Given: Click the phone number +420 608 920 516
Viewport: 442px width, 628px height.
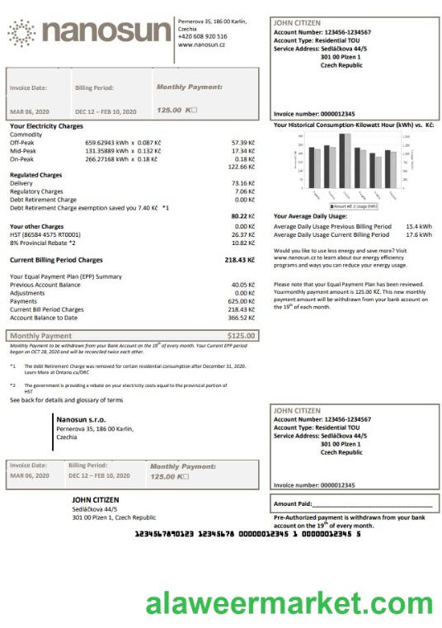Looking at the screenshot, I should [x=203, y=37].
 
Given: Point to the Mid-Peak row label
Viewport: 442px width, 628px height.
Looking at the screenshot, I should [x=23, y=150].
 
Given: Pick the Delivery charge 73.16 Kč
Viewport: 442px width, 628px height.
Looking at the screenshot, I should [x=242, y=182].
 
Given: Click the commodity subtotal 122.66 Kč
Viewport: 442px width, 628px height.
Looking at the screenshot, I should [x=241, y=167].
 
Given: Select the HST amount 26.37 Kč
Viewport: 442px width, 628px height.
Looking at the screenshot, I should [x=242, y=234].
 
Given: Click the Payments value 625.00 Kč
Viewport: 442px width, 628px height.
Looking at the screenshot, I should [x=241, y=301].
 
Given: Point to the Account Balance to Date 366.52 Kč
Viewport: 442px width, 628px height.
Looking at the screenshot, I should [x=241, y=317].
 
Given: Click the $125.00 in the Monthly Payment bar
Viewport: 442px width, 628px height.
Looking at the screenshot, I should [x=242, y=336].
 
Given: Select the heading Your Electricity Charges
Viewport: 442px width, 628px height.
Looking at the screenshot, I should [x=46, y=125].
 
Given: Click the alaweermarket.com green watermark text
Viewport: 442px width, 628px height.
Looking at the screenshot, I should [x=289, y=604].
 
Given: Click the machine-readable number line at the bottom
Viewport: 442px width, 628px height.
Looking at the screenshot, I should [x=247, y=535].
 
